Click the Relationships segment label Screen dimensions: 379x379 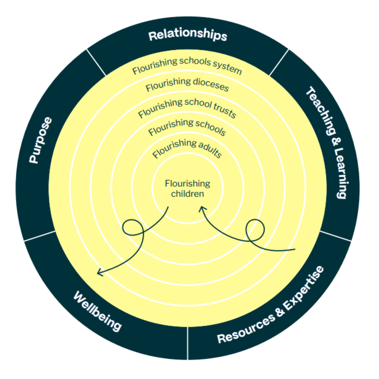pos(188,35)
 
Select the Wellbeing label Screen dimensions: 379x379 pos(97,311)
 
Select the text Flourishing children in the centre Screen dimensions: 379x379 pos(188,189)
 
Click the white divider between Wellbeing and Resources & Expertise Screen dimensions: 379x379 pos(188,343)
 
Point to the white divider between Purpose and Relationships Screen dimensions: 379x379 pos(96,63)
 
